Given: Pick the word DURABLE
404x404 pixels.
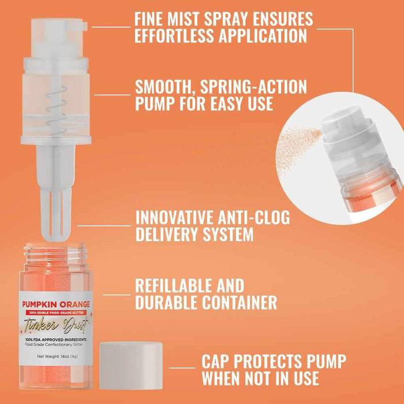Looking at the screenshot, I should (x=174, y=302).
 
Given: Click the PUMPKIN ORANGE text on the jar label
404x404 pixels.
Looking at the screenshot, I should (x=56, y=304).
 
